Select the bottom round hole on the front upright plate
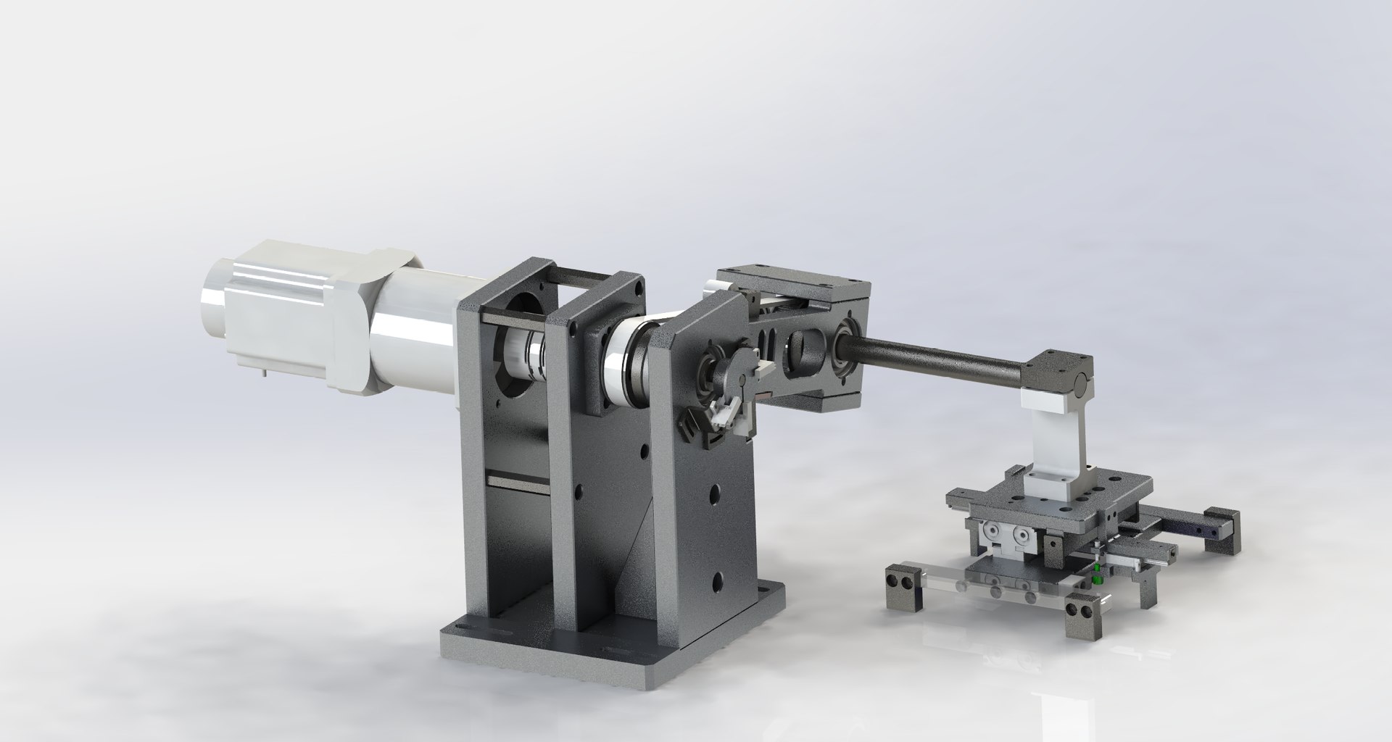(x=717, y=580)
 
